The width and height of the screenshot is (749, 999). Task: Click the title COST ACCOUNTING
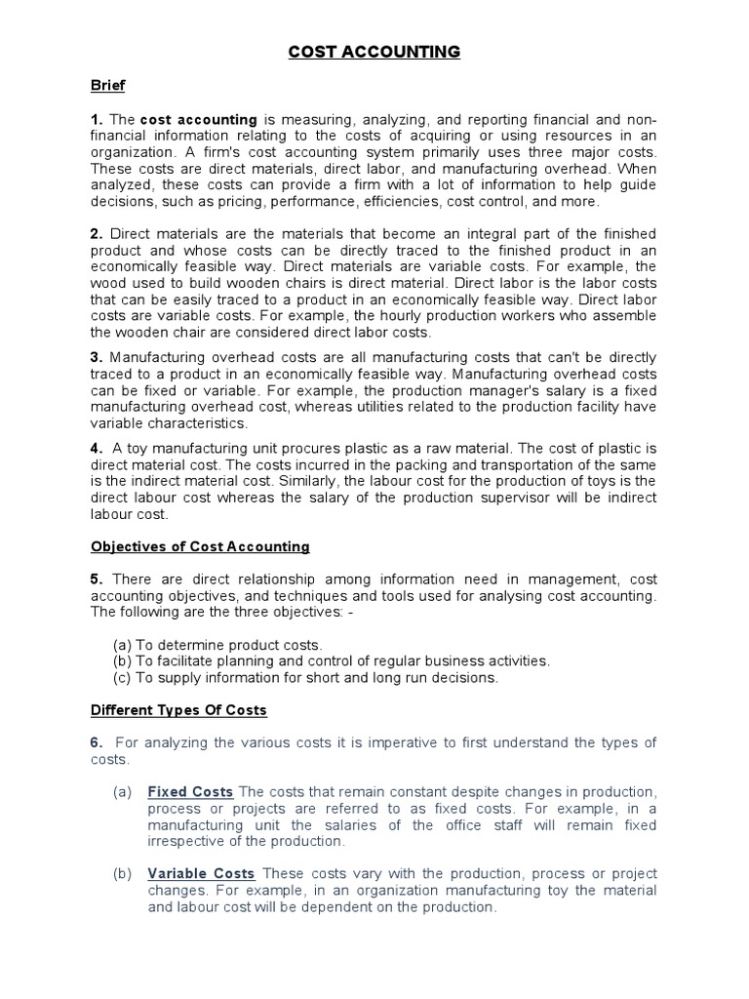[374, 52]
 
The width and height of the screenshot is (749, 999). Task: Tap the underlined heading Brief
[107, 86]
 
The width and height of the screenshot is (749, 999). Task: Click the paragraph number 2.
[96, 234]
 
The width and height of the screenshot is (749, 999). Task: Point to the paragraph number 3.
[96, 357]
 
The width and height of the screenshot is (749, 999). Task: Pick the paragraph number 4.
[96, 448]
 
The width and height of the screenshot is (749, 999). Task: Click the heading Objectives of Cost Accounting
[200, 546]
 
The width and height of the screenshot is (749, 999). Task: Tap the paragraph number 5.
[96, 579]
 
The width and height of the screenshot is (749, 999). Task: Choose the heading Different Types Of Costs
[178, 709]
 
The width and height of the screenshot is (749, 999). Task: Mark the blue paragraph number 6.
[96, 742]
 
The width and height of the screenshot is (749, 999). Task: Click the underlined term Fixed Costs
[190, 791]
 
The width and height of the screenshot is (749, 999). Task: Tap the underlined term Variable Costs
[201, 873]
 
